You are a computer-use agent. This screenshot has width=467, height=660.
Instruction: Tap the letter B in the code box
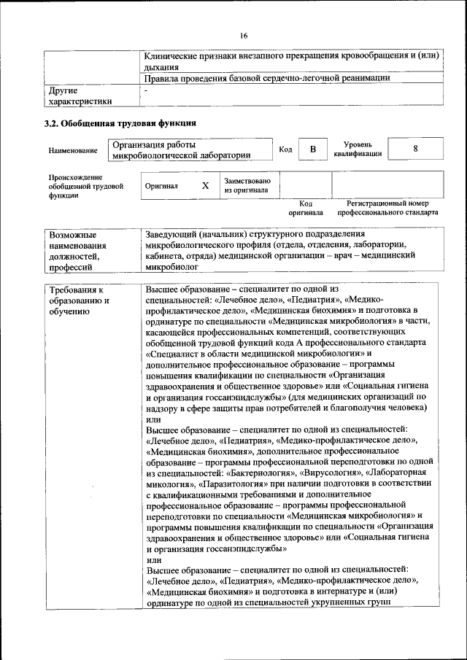click(313, 150)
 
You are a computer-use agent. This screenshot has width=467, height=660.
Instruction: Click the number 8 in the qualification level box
click(415, 149)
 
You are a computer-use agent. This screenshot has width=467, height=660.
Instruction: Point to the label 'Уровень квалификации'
click(358, 150)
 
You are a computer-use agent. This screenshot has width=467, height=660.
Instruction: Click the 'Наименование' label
click(73, 150)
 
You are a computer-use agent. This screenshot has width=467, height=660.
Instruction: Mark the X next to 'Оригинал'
click(206, 186)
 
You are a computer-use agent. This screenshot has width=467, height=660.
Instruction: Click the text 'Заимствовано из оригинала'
click(247, 186)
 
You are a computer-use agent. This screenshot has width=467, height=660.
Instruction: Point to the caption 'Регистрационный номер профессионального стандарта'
click(387, 209)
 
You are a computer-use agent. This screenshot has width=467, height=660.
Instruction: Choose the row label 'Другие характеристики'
click(80, 96)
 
